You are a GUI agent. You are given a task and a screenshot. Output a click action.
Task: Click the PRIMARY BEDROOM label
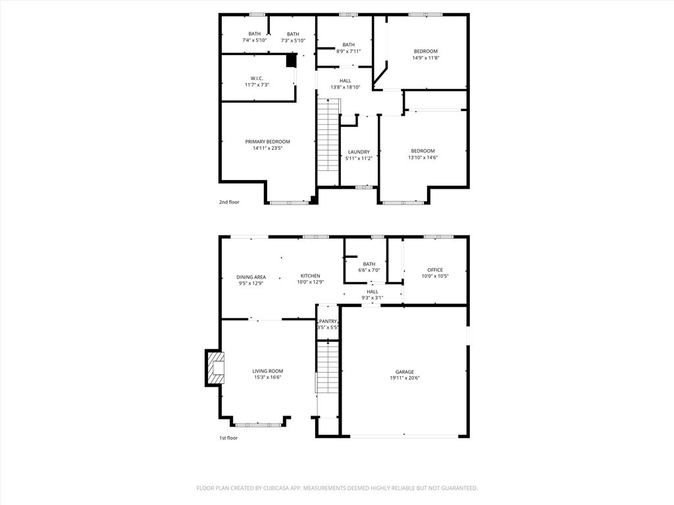point(267,142)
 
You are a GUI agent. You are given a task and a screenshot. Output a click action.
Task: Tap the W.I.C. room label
point(257,78)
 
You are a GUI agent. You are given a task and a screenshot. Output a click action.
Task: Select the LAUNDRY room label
point(359,152)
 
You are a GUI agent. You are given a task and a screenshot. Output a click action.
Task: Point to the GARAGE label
point(405,372)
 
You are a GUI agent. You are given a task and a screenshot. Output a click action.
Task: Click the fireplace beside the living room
point(215,368)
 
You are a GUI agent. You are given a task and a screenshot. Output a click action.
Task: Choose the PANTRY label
point(328,321)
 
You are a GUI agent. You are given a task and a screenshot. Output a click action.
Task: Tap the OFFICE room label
point(435,270)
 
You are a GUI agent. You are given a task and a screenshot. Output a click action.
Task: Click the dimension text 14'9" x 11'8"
point(426,58)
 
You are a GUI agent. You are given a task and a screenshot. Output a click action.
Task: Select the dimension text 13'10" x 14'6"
point(423,157)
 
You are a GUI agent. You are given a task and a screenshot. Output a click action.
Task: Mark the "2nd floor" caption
point(229,202)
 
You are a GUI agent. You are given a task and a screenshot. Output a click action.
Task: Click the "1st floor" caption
point(228,438)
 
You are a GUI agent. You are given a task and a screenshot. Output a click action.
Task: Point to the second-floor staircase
point(328,142)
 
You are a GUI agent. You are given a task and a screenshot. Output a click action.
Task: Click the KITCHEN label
point(311,276)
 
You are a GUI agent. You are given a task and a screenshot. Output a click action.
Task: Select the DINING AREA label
point(251,277)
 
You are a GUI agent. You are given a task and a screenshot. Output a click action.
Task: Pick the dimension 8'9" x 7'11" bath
point(348,51)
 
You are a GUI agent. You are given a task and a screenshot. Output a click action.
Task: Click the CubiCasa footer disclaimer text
point(337,488)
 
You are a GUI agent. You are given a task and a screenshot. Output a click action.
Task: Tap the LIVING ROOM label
point(267,371)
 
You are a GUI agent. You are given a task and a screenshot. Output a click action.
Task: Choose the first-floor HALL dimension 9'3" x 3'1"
point(373,297)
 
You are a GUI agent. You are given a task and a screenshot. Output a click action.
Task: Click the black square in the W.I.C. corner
point(292,60)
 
